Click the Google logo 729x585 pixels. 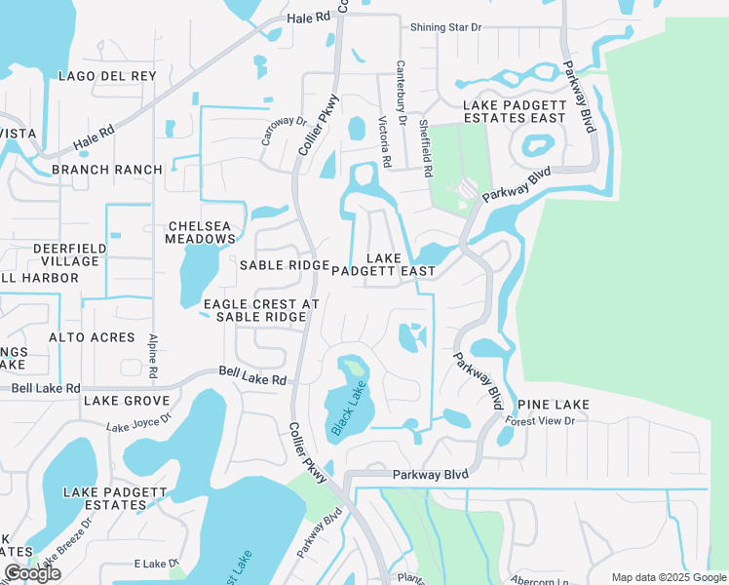[x=31, y=573]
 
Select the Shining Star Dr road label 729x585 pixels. [x=445, y=27]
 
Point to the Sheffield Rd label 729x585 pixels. [x=425, y=148]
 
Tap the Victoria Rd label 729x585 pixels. [x=384, y=140]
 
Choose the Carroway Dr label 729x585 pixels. [x=284, y=133]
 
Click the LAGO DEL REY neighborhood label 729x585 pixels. [x=107, y=76]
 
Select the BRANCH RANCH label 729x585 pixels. [x=107, y=170]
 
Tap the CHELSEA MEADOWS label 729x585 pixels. [x=201, y=231]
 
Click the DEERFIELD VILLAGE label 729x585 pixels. [x=66, y=254]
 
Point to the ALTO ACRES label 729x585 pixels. [x=93, y=337]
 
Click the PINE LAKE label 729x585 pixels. [x=553, y=404]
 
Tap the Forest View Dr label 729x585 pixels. [x=540, y=421]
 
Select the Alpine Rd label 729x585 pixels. [x=153, y=356]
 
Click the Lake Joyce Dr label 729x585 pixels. [x=138, y=422]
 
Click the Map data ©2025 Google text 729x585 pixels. [x=668, y=577]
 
